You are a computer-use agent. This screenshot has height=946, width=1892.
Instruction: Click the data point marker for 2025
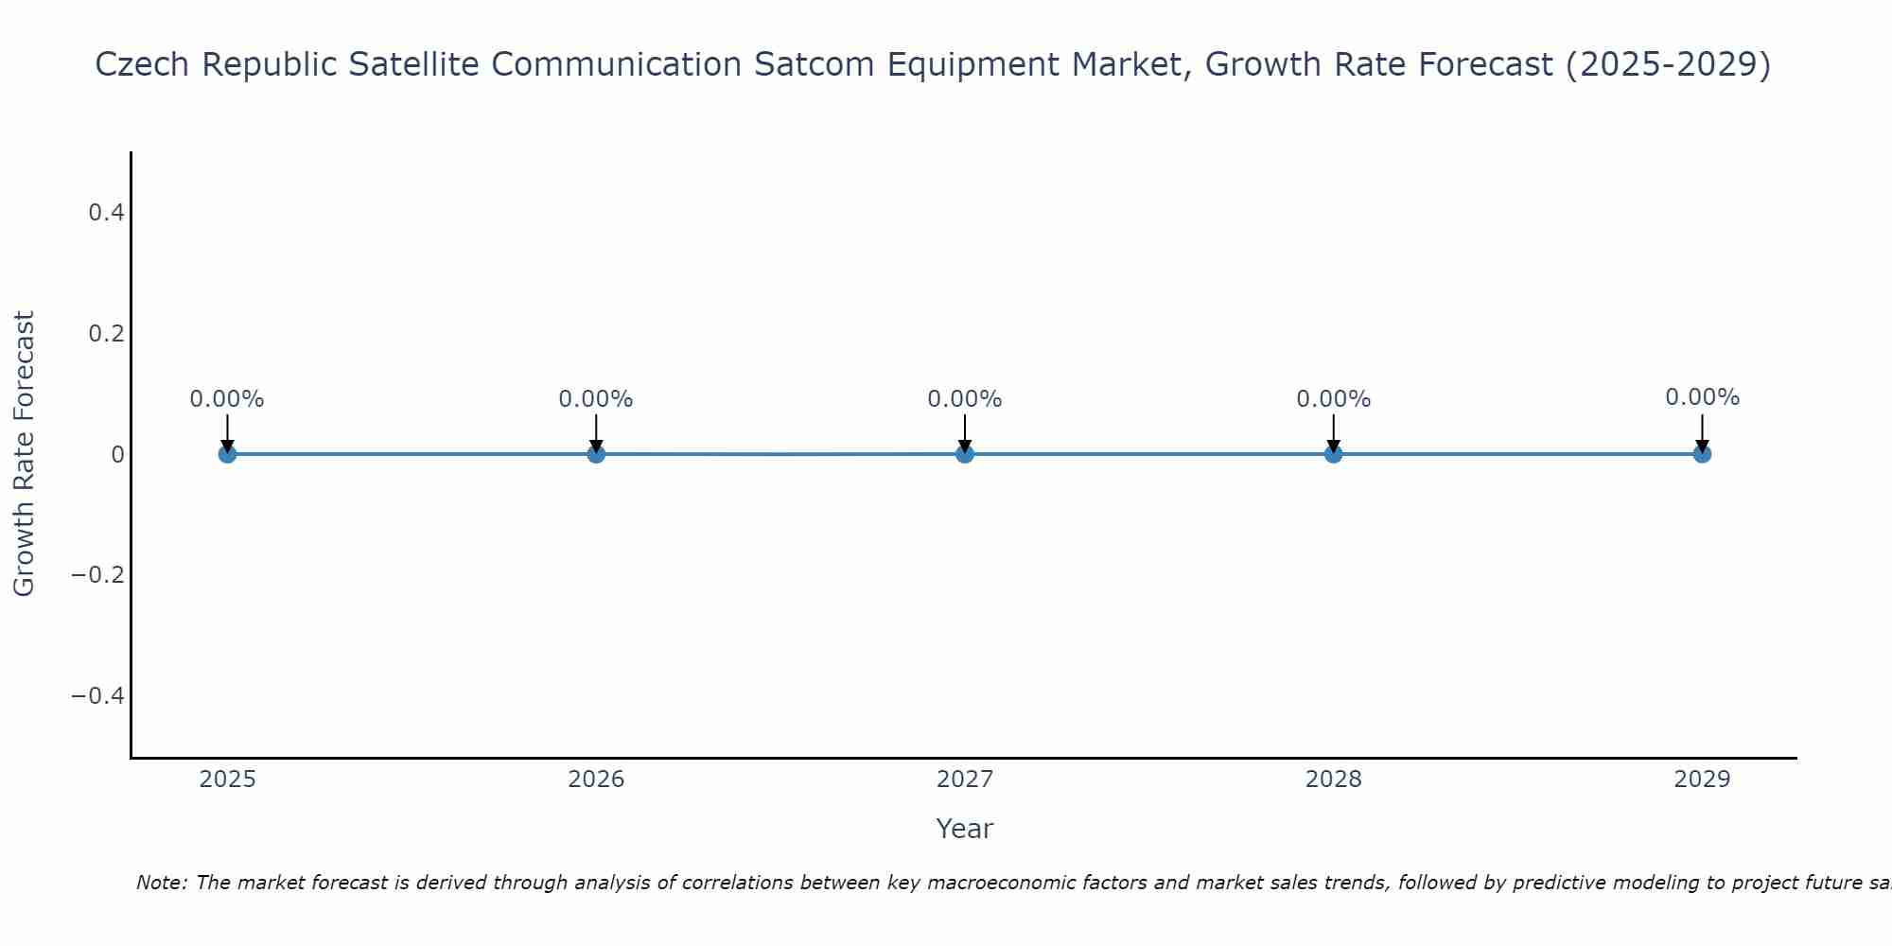coord(227,454)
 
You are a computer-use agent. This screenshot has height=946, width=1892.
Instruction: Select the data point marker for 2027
coord(964,454)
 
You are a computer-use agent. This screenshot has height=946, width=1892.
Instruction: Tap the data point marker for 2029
coord(1702,454)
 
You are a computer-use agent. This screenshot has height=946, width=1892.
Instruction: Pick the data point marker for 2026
coord(596,454)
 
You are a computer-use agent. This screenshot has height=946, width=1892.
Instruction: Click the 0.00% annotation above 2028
coord(1333,399)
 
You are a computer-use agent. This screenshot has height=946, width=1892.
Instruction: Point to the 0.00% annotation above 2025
coord(227,399)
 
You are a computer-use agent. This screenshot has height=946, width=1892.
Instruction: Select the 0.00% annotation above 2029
coord(1702,397)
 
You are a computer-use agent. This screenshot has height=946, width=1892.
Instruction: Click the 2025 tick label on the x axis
coord(227,780)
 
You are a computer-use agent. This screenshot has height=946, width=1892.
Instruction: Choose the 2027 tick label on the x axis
coord(964,780)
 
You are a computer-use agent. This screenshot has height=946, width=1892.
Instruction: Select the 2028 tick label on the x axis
coord(1333,780)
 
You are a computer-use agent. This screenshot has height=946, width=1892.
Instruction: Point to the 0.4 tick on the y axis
coord(106,213)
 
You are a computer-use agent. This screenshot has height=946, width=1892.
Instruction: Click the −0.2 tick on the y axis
coord(98,575)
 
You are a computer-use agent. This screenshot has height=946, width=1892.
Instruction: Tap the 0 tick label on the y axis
coord(117,455)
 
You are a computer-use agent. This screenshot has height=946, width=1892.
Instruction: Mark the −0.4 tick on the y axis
coord(98,696)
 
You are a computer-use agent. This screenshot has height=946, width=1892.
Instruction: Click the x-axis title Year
coord(964,829)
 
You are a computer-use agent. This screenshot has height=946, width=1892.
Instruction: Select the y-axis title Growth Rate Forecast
coord(24,454)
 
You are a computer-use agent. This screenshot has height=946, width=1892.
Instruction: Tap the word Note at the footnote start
coord(161,883)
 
